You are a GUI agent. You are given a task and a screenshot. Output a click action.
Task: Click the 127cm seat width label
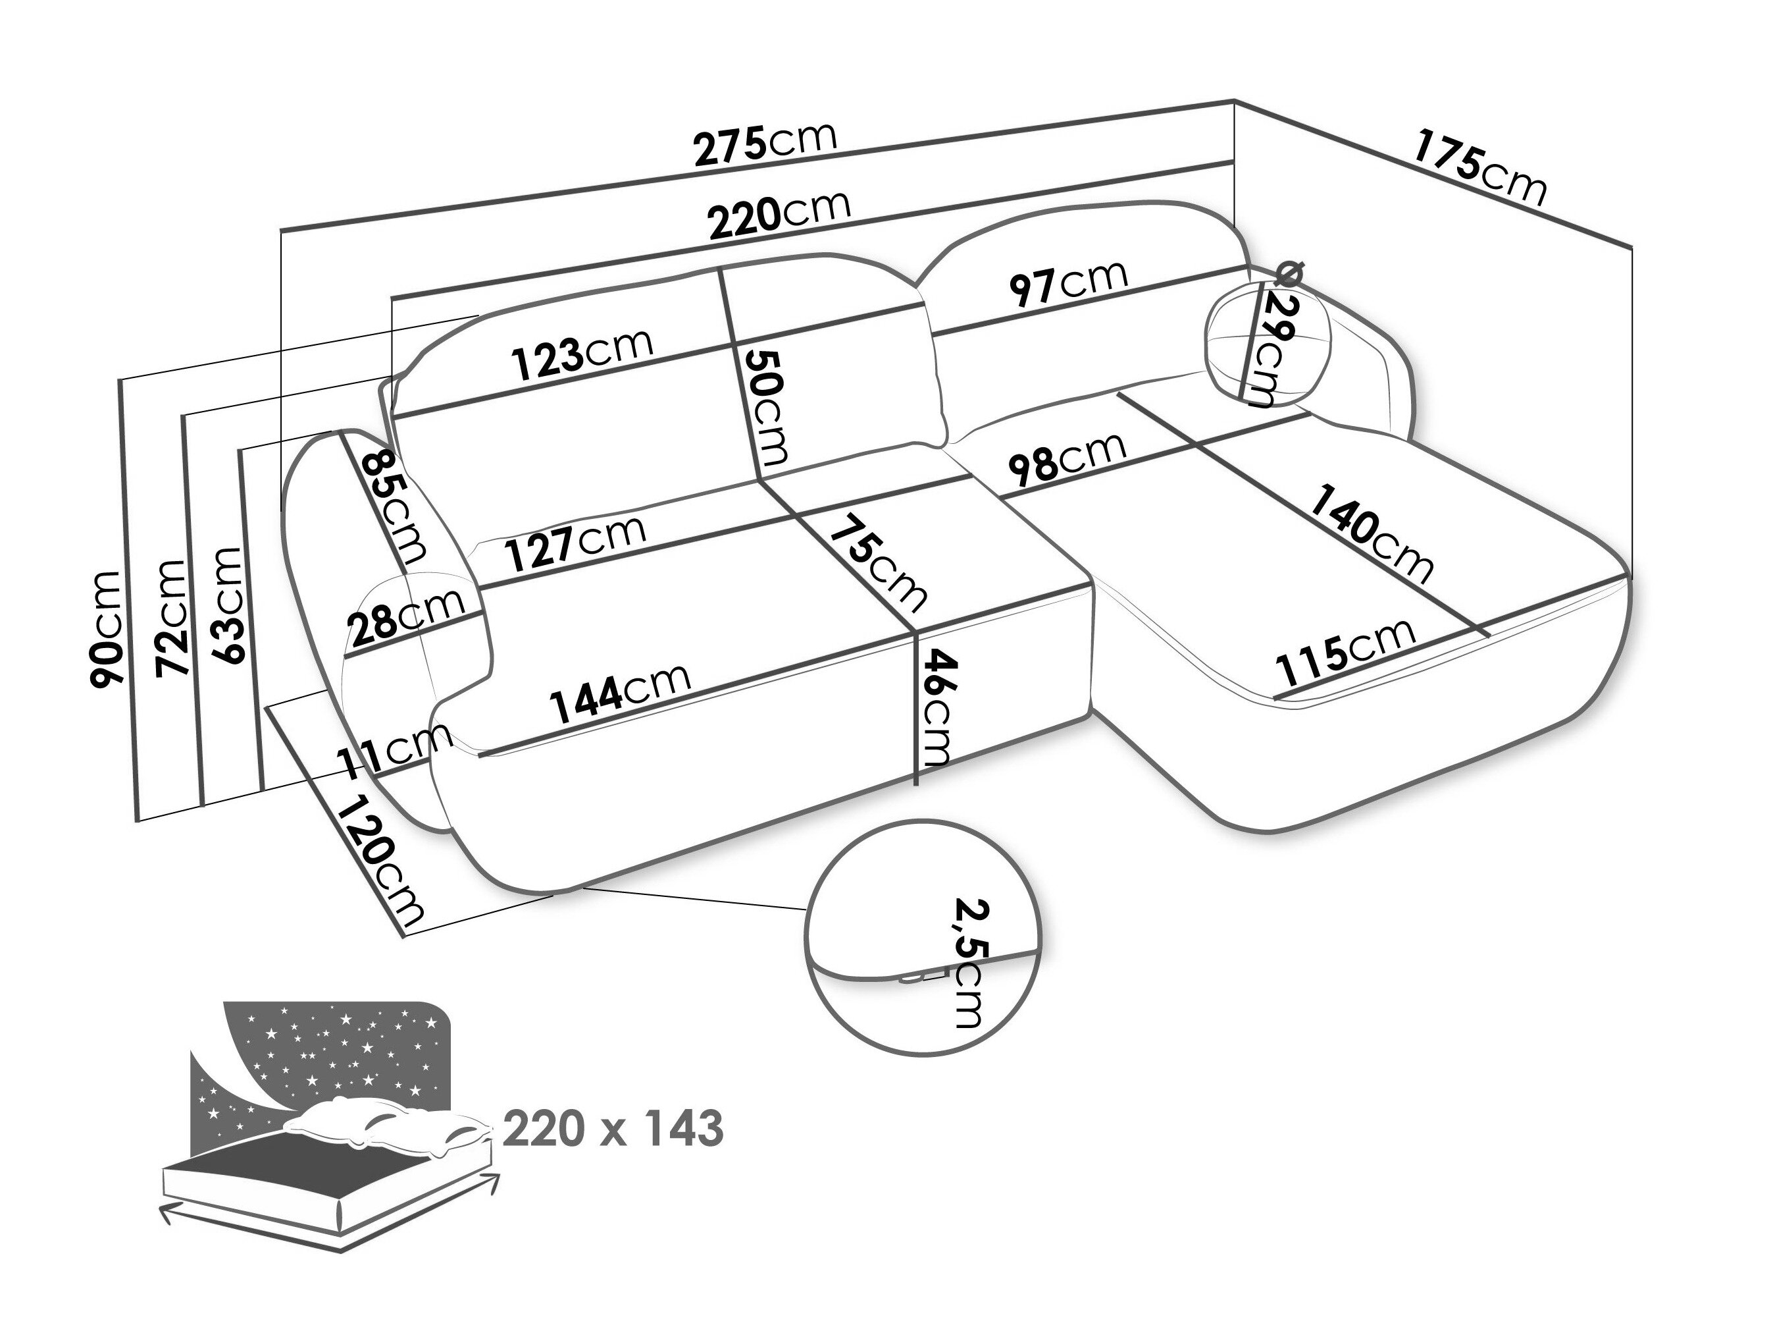coord(577,541)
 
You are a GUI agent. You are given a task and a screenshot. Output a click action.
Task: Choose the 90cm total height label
coord(106,629)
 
